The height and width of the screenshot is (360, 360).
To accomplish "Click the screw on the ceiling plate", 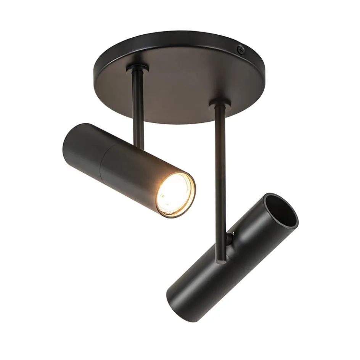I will coord(240,48).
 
